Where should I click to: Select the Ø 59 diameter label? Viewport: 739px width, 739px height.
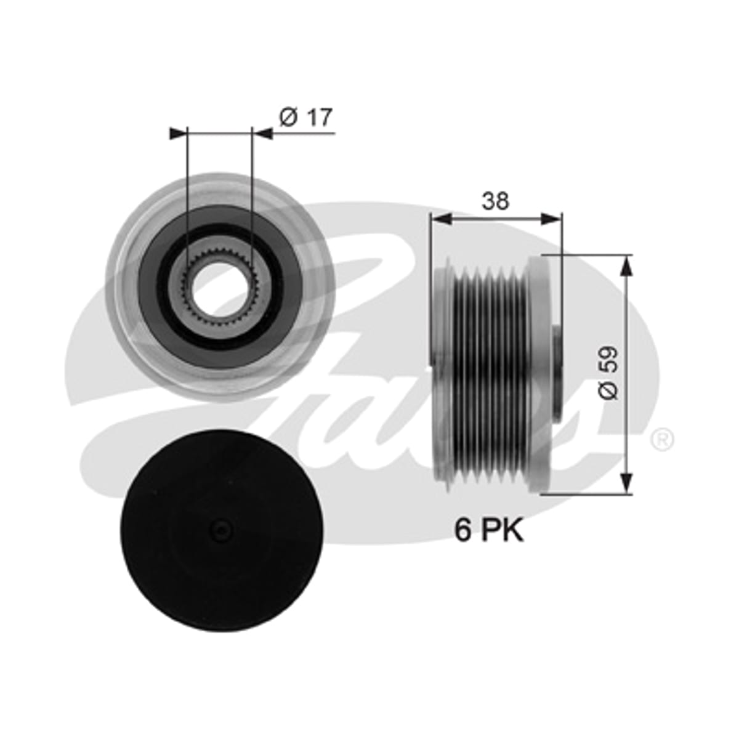pyautogui.click(x=609, y=373)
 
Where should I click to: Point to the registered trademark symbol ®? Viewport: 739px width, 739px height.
pyautogui.click(x=663, y=440)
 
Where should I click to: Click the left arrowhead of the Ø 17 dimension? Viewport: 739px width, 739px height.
pyautogui.click(x=177, y=133)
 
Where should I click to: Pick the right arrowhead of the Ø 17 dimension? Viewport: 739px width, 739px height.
pyautogui.click(x=262, y=133)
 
